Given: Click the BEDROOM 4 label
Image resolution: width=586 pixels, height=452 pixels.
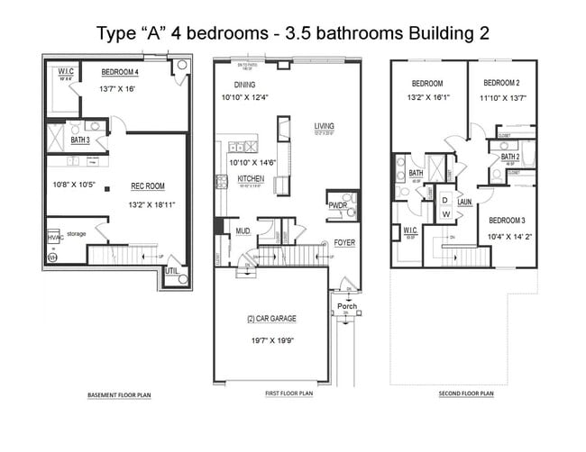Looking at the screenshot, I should coord(120,72).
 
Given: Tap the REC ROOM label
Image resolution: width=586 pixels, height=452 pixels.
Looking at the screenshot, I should coord(147,186).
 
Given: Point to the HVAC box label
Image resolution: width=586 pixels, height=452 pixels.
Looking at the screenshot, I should coord(53,238).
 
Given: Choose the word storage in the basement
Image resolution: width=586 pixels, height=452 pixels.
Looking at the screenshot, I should coord(76,233).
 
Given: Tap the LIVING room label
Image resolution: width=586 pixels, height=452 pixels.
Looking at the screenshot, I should coord(324,125).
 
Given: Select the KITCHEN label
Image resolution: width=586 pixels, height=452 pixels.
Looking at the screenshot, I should coord(250,178).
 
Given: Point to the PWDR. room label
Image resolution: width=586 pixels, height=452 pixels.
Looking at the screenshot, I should coord(338,205).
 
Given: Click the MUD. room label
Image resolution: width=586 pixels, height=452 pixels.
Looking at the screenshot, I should coord(243,230).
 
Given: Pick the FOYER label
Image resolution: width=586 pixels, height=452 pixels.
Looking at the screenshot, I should coord(344,243).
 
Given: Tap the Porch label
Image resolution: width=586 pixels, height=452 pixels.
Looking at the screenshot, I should coord(347,306).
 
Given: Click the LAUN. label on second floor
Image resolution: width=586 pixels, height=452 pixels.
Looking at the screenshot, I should coord(464,203).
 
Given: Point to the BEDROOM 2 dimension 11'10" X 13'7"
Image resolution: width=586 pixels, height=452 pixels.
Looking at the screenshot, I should coord(501,97).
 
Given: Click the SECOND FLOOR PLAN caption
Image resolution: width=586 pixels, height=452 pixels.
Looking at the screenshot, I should coord(466,393).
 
